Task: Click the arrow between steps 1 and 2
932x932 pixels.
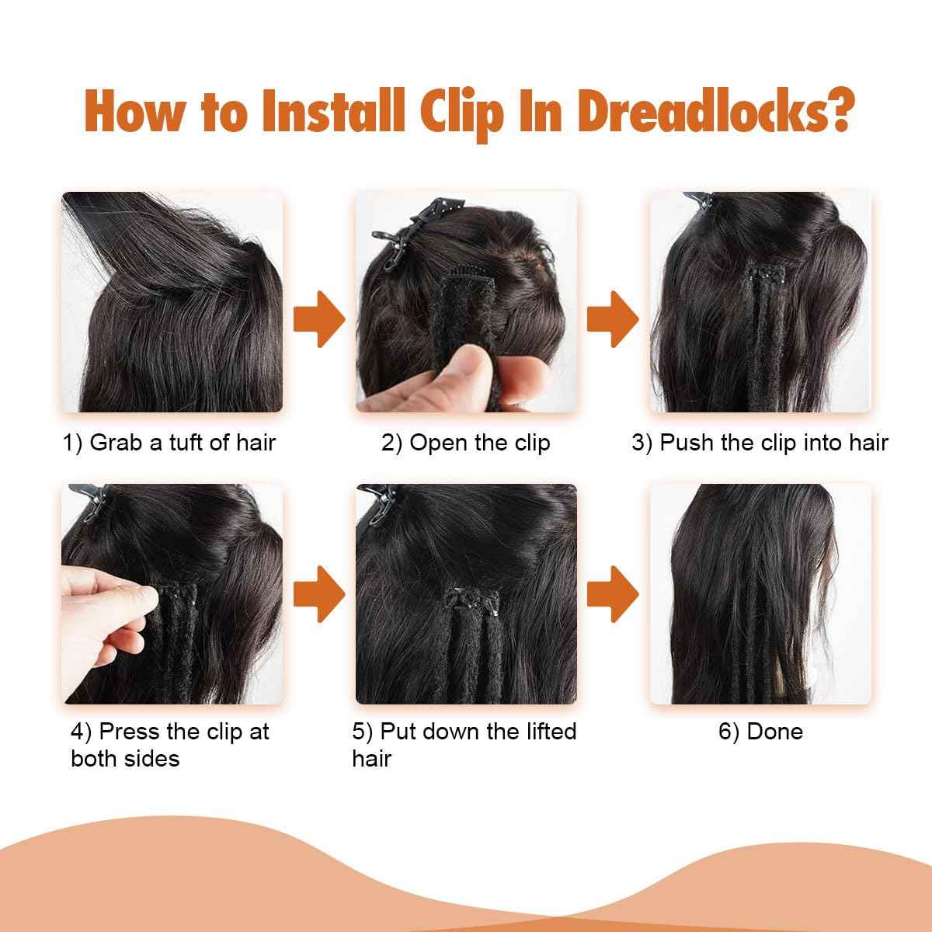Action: tap(319, 319)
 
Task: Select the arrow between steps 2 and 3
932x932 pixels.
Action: tap(613, 319)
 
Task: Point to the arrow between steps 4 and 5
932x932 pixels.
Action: tap(319, 594)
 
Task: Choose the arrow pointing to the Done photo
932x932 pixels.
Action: tap(613, 594)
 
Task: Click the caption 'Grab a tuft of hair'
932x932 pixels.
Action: tap(183, 443)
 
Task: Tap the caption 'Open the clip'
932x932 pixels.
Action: tap(480, 443)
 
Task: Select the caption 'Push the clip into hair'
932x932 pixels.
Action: tap(774, 443)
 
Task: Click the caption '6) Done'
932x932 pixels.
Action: tap(760, 732)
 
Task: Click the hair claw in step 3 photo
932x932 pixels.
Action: tap(699, 200)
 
